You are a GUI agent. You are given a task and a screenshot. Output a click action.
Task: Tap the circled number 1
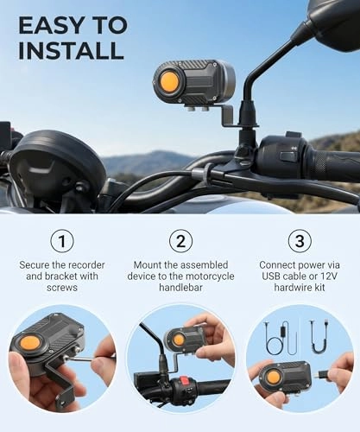(x=60, y=240)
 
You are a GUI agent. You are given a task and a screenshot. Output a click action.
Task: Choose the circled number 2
(x=180, y=240)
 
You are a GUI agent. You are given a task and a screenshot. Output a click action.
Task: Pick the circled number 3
(x=299, y=240)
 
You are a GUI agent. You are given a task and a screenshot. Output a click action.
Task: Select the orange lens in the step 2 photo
(x=178, y=340)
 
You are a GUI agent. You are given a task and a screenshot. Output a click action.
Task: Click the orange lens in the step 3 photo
(x=273, y=378)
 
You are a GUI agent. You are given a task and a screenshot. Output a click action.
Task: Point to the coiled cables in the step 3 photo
(x=286, y=336)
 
